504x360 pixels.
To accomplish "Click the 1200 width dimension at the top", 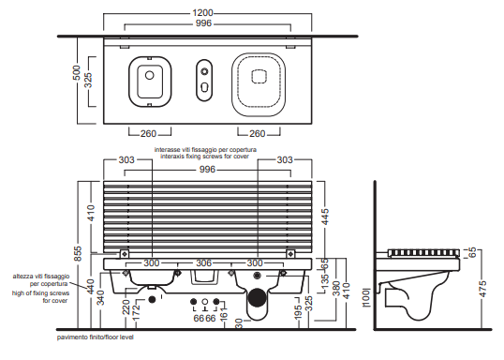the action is pos(203,13).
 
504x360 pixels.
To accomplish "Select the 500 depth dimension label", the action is pos(77,73).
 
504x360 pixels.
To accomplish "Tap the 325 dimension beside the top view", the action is pos(88,80).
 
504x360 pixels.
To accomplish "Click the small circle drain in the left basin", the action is pos(150,75).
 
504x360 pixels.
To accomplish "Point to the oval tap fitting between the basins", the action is pos(204,80).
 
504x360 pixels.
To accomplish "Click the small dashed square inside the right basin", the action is pos(259,77).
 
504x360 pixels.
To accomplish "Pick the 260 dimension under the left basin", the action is pos(148,133).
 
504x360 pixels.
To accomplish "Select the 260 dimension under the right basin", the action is pos(258,133).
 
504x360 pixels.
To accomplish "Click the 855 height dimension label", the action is pos(78,254).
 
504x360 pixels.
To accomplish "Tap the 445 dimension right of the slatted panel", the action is pos(325,217).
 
